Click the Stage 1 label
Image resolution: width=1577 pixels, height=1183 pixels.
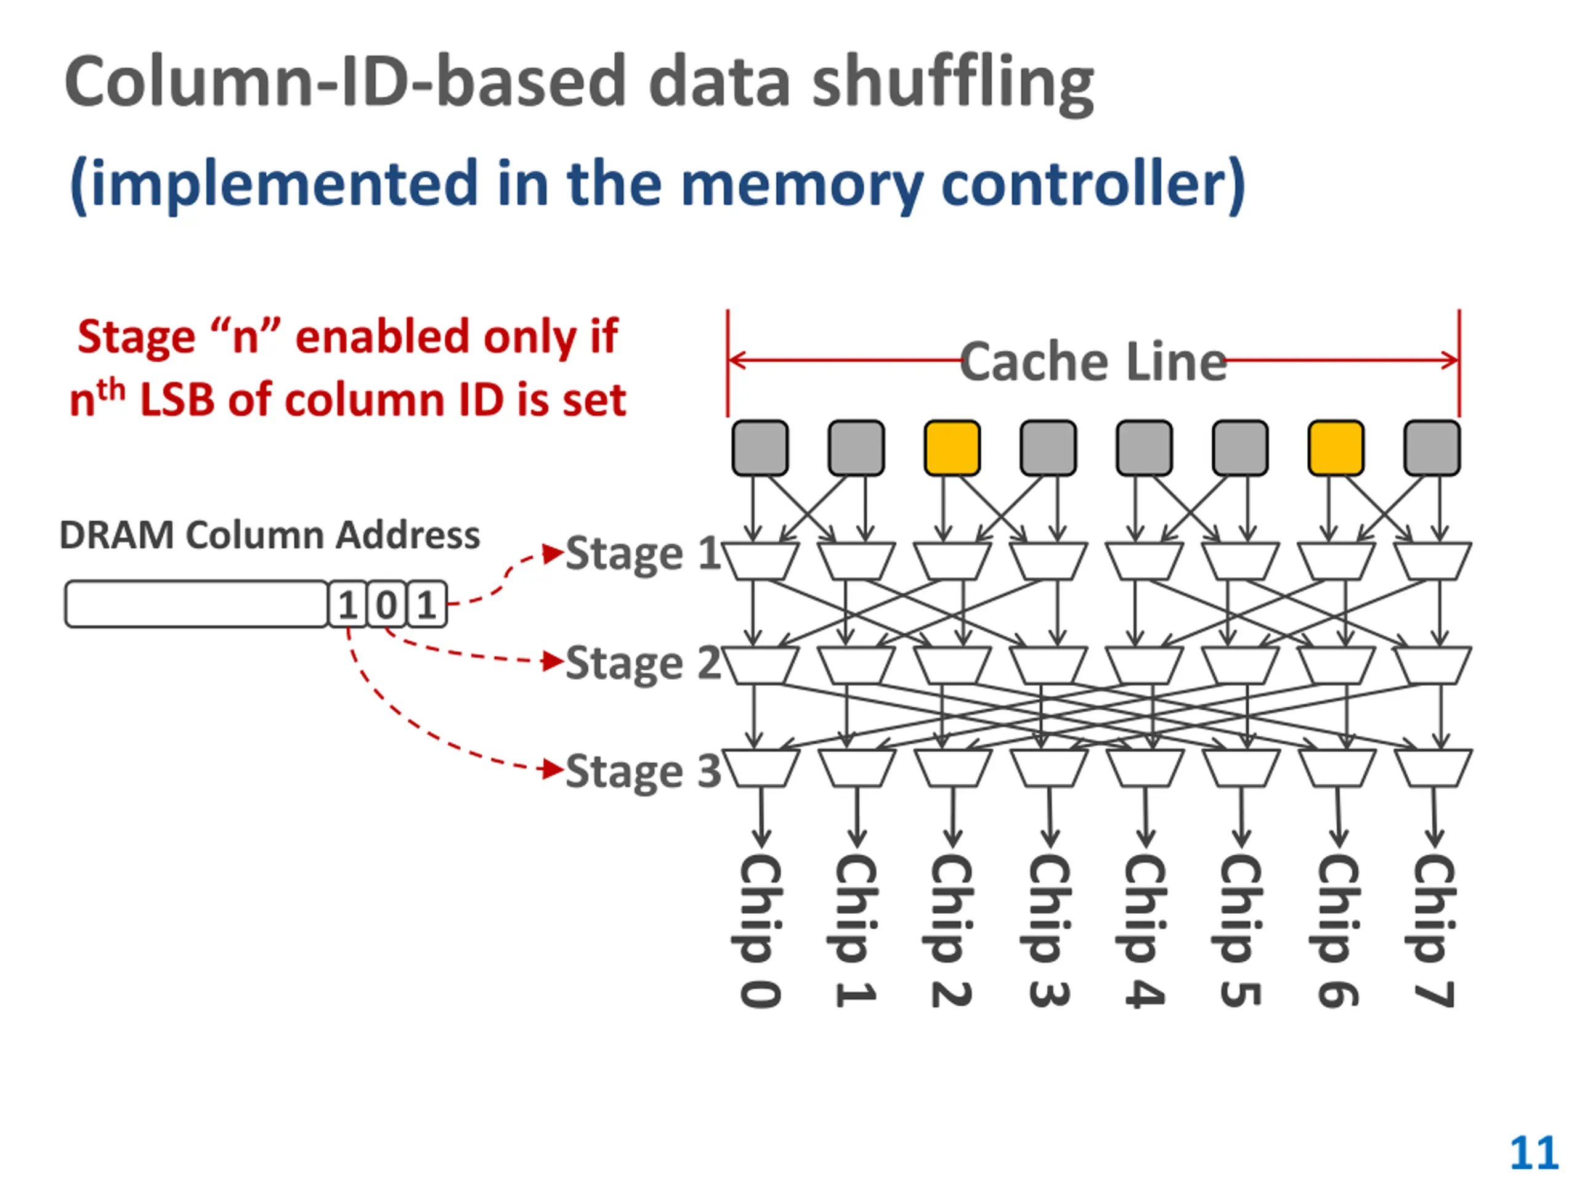click(x=643, y=554)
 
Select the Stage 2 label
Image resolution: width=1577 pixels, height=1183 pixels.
click(x=643, y=664)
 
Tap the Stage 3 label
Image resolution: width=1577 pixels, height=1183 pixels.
click(x=643, y=772)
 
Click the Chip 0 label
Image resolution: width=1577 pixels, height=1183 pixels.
click(x=760, y=930)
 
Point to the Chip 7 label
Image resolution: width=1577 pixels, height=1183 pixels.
click(x=1433, y=930)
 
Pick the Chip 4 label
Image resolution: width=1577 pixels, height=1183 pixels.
click(x=1145, y=930)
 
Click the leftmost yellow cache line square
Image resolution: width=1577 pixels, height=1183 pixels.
click(x=952, y=448)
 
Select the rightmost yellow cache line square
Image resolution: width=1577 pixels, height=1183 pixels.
click(x=1336, y=448)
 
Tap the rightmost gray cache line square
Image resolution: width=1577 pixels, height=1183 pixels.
click(x=1432, y=448)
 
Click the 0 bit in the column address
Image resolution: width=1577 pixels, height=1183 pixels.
click(x=386, y=604)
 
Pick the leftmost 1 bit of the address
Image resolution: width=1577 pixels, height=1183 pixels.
click(x=347, y=604)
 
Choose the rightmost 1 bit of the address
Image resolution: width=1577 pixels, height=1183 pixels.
click(x=426, y=604)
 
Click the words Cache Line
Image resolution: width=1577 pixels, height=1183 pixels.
click(x=1093, y=362)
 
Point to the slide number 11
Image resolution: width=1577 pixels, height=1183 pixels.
click(x=1533, y=1152)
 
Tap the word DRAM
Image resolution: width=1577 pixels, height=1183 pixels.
click(x=117, y=535)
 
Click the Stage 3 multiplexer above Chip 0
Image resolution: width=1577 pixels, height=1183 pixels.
click(x=760, y=768)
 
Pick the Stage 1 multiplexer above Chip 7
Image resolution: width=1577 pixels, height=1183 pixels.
click(x=1432, y=561)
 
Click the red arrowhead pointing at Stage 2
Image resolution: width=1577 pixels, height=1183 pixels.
click(x=553, y=661)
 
